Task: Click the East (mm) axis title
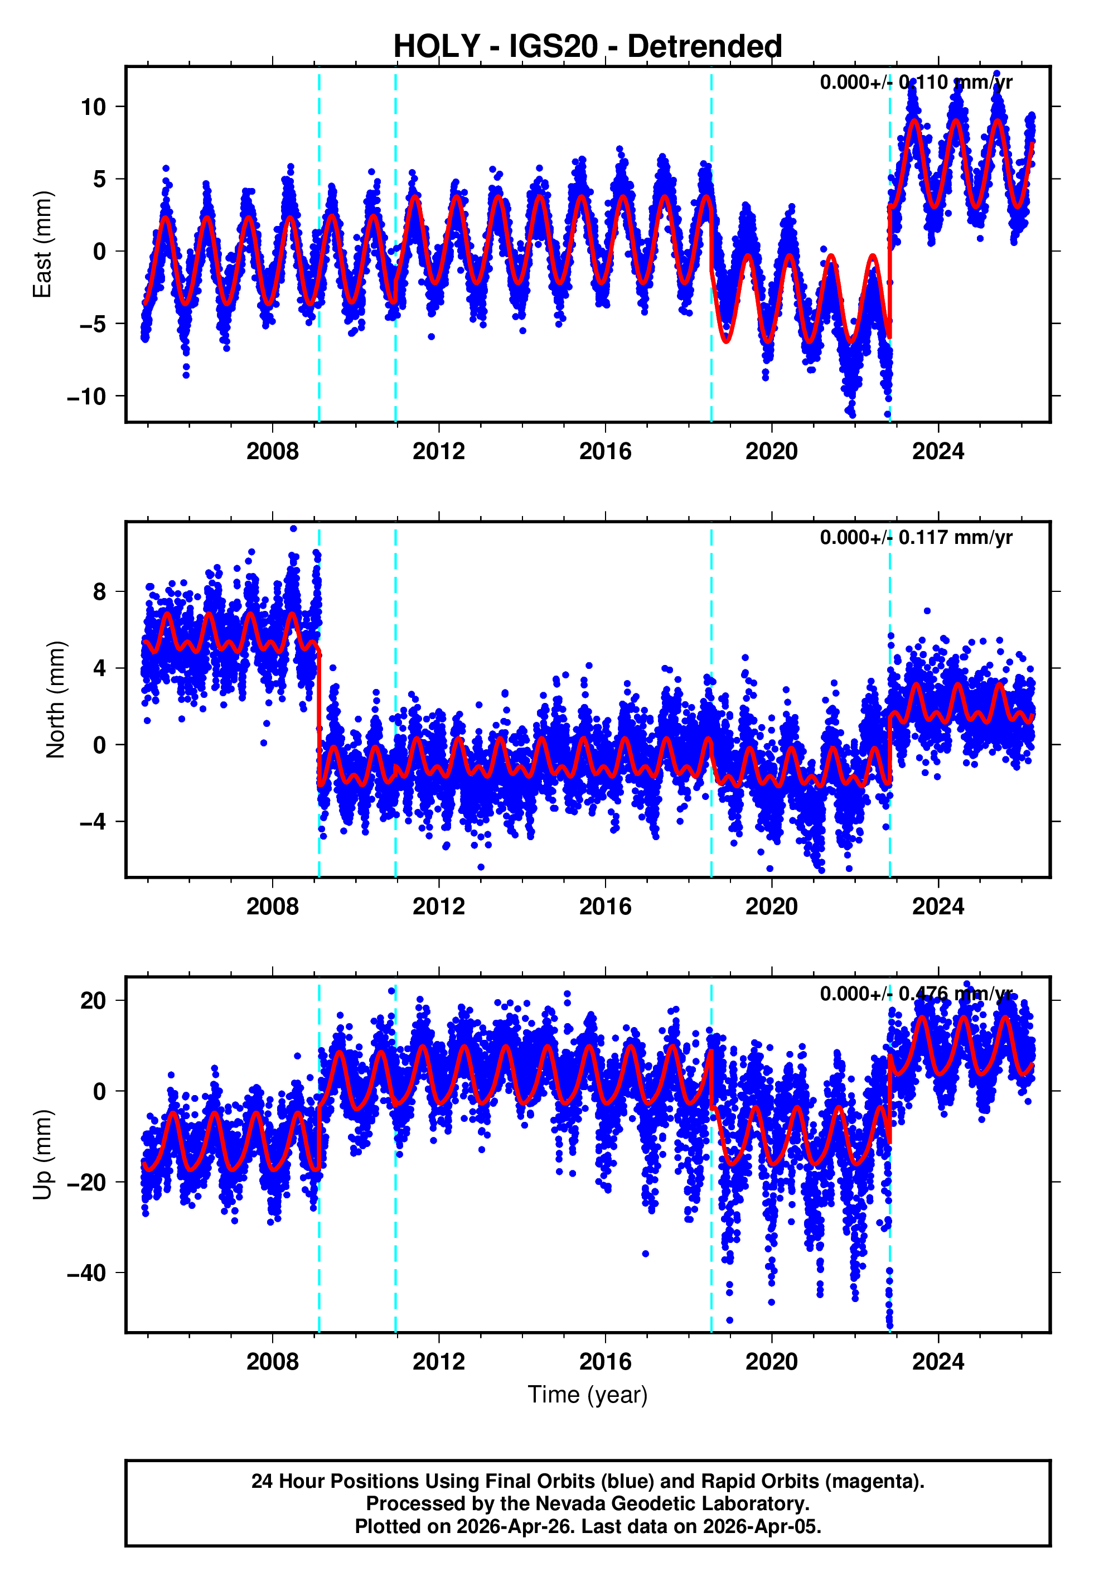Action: [x=42, y=244]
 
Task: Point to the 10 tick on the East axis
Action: [x=93, y=107]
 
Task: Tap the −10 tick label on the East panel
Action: [x=87, y=396]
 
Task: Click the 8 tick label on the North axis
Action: [x=100, y=592]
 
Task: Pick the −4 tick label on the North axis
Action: [x=93, y=821]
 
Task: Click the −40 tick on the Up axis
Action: [x=87, y=1272]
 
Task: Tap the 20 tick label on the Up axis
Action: [x=93, y=1000]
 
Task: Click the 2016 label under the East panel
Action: [x=604, y=451]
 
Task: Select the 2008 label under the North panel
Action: [x=272, y=907]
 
